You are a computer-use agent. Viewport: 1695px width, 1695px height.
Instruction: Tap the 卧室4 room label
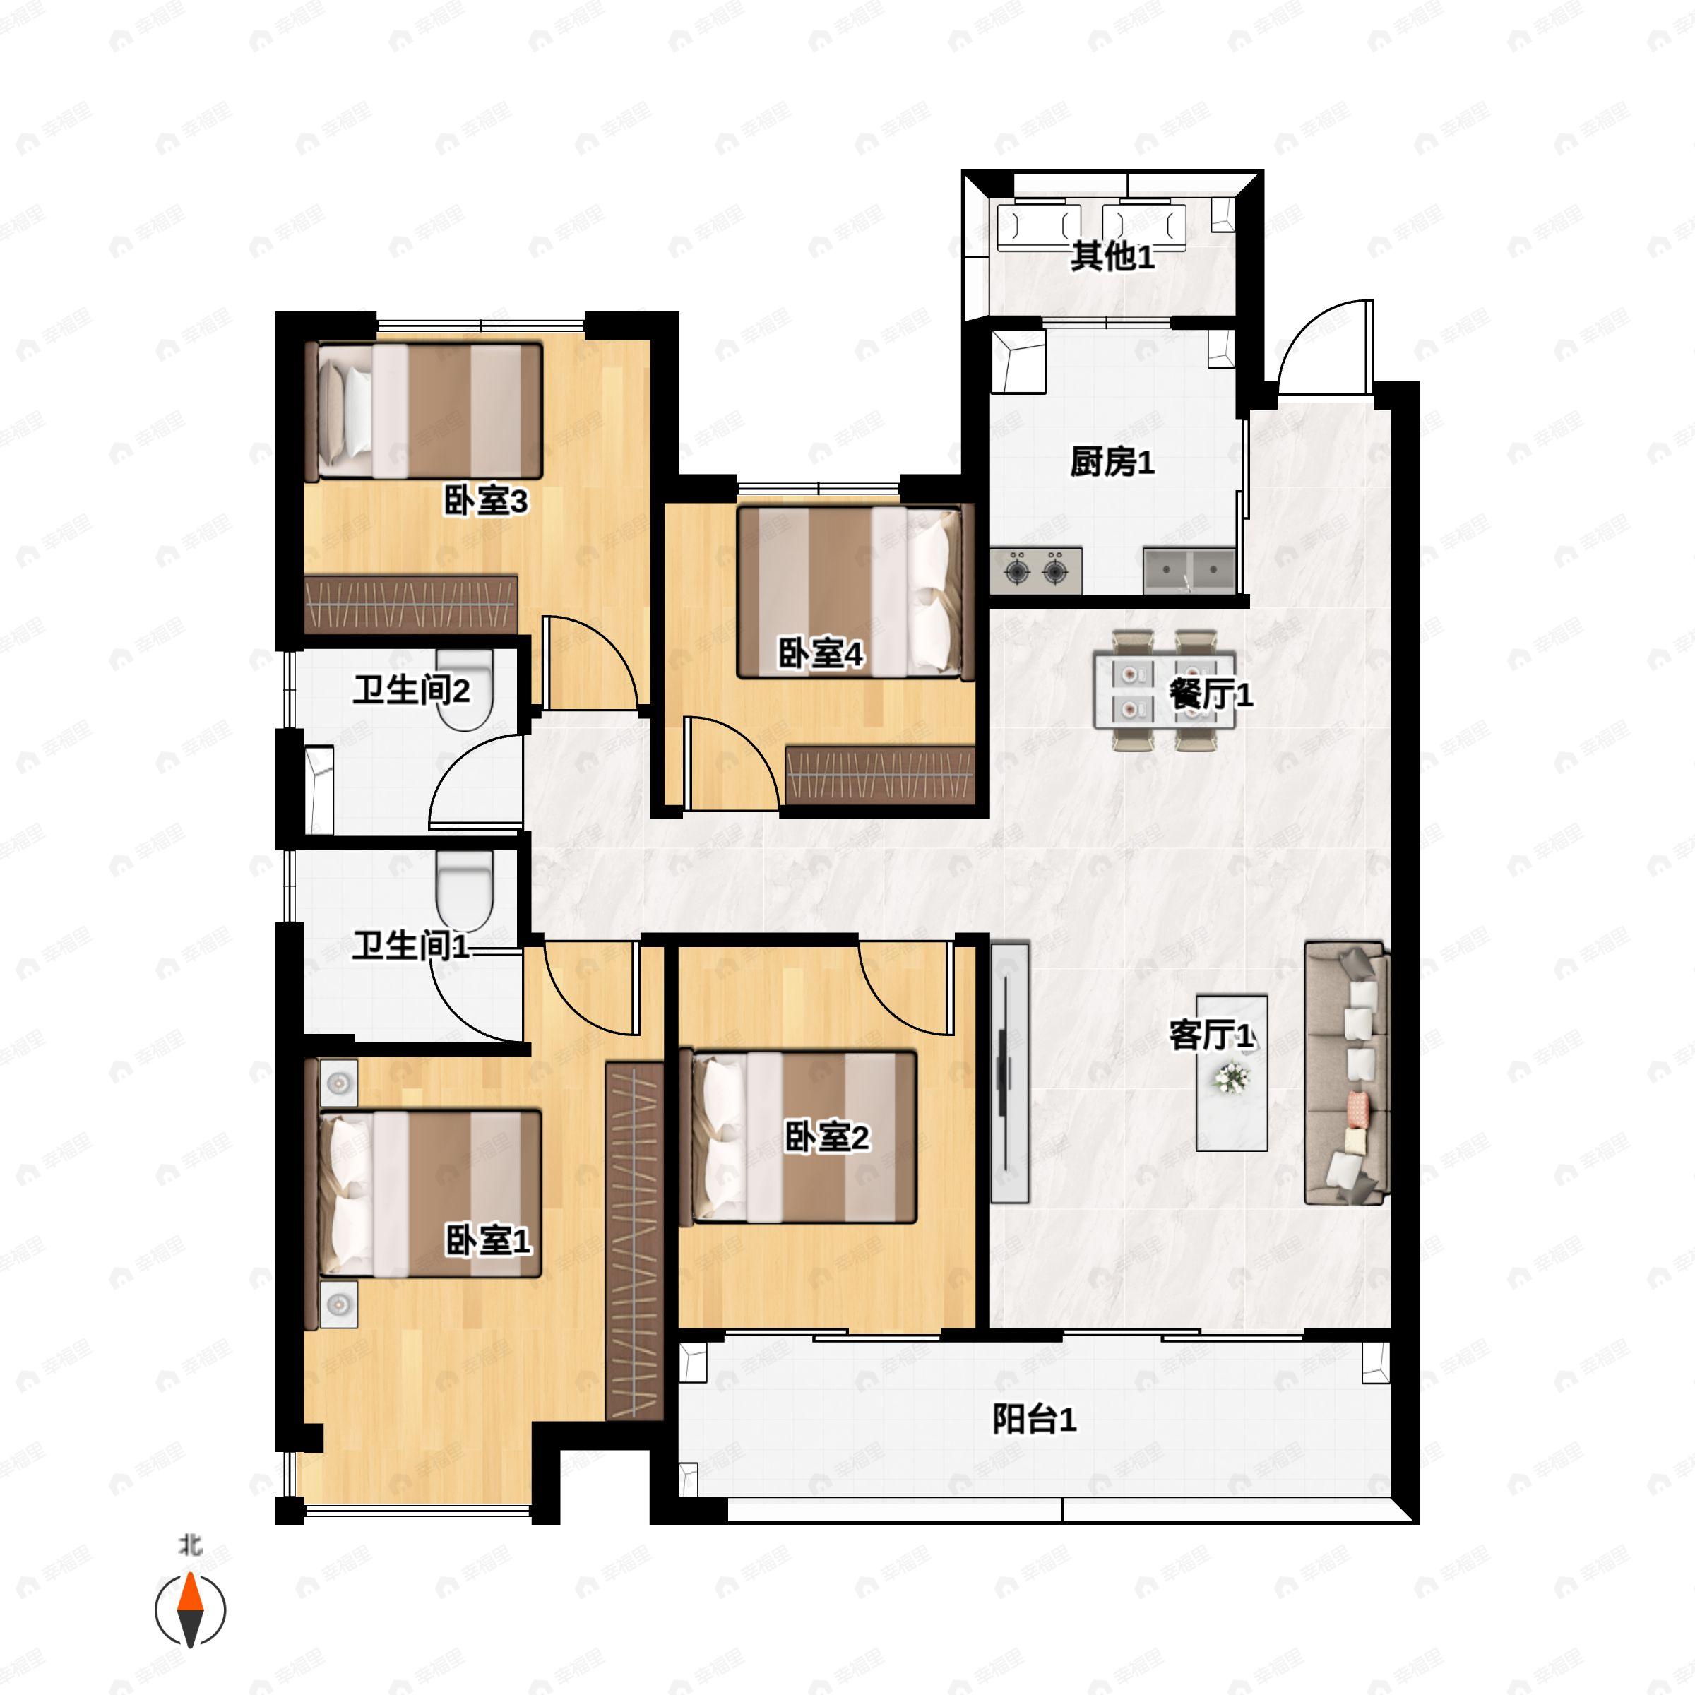(x=821, y=653)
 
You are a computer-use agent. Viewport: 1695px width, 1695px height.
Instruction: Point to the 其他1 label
(x=1112, y=256)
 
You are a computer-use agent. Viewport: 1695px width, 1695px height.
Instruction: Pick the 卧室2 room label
(x=826, y=1138)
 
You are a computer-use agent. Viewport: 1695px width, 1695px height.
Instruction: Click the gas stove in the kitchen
(x=1036, y=569)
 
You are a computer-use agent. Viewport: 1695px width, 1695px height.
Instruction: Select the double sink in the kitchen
(x=1189, y=570)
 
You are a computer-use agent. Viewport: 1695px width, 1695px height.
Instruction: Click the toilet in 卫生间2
(x=465, y=691)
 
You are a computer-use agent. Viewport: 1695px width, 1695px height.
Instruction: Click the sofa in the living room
(x=1347, y=1072)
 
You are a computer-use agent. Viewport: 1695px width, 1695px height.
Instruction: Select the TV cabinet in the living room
(x=1010, y=1072)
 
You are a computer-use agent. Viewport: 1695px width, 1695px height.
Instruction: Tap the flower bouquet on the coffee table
(x=1232, y=1077)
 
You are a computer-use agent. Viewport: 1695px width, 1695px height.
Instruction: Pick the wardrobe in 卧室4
(x=880, y=775)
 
